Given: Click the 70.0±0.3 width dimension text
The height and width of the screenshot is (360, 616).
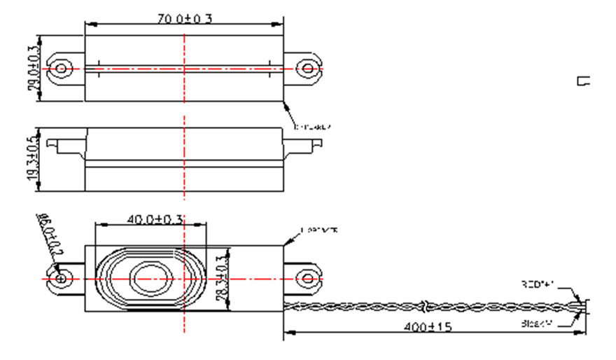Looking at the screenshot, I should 184,18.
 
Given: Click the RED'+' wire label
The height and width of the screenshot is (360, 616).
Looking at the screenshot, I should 538,285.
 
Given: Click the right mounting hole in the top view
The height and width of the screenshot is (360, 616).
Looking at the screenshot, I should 306,69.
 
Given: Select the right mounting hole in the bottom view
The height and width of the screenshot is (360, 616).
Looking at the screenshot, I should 306,279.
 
